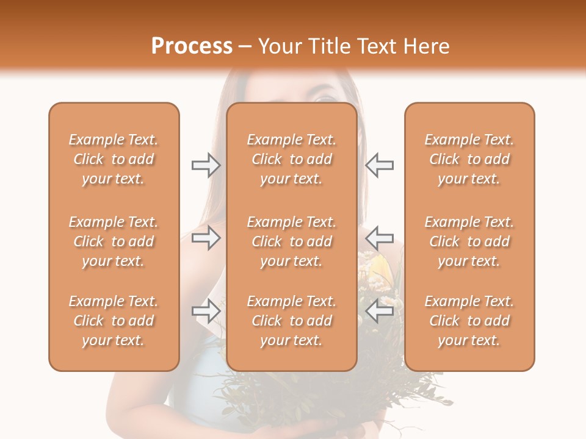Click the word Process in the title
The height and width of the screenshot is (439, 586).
192,46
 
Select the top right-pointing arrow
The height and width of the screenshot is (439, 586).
206,165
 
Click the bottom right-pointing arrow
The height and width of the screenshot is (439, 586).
206,311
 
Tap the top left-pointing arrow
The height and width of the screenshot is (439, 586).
379,165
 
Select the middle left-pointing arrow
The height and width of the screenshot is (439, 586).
379,237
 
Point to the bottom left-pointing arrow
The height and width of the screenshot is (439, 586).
379,311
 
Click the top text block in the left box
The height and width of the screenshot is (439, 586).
114,159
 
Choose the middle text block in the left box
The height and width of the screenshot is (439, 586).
114,241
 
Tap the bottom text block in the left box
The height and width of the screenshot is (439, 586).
114,321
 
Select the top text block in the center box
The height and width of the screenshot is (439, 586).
292,159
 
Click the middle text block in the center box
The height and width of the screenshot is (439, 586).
292,241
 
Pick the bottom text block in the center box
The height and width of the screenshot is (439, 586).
292,321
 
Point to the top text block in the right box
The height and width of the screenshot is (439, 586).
469,159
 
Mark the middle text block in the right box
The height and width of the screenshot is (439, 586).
469,241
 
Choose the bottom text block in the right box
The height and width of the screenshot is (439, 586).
469,321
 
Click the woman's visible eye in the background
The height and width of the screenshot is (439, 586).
324,96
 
